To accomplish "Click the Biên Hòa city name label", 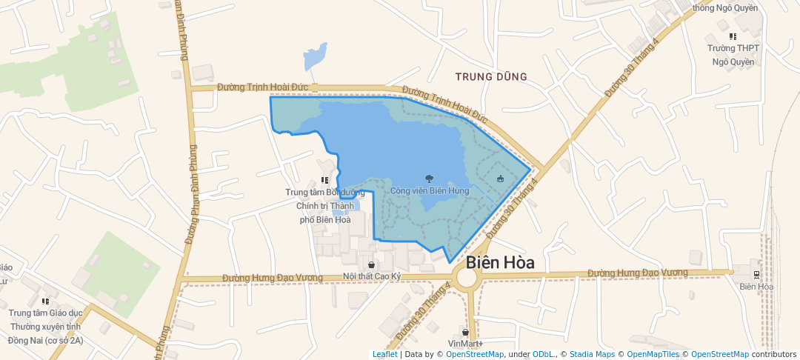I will point(501,263).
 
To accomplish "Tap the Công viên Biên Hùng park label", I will point(430,190).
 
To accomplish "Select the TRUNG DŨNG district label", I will point(491,76).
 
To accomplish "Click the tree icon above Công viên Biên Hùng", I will point(429,178).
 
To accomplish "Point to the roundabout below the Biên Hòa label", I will point(467,279).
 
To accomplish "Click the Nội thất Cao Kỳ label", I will point(371,276).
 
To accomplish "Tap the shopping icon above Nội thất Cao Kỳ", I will point(370,264).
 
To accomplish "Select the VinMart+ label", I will point(465,344).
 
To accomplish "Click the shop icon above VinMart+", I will point(465,332).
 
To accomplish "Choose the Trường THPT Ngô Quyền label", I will point(733,55).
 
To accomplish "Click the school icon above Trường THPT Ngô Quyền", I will point(733,36).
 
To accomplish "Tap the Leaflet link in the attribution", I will point(384,354).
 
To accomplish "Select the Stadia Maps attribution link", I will point(591,354).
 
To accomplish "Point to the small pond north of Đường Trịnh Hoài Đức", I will point(316,56).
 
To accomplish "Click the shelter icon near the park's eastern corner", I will point(500,179).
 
